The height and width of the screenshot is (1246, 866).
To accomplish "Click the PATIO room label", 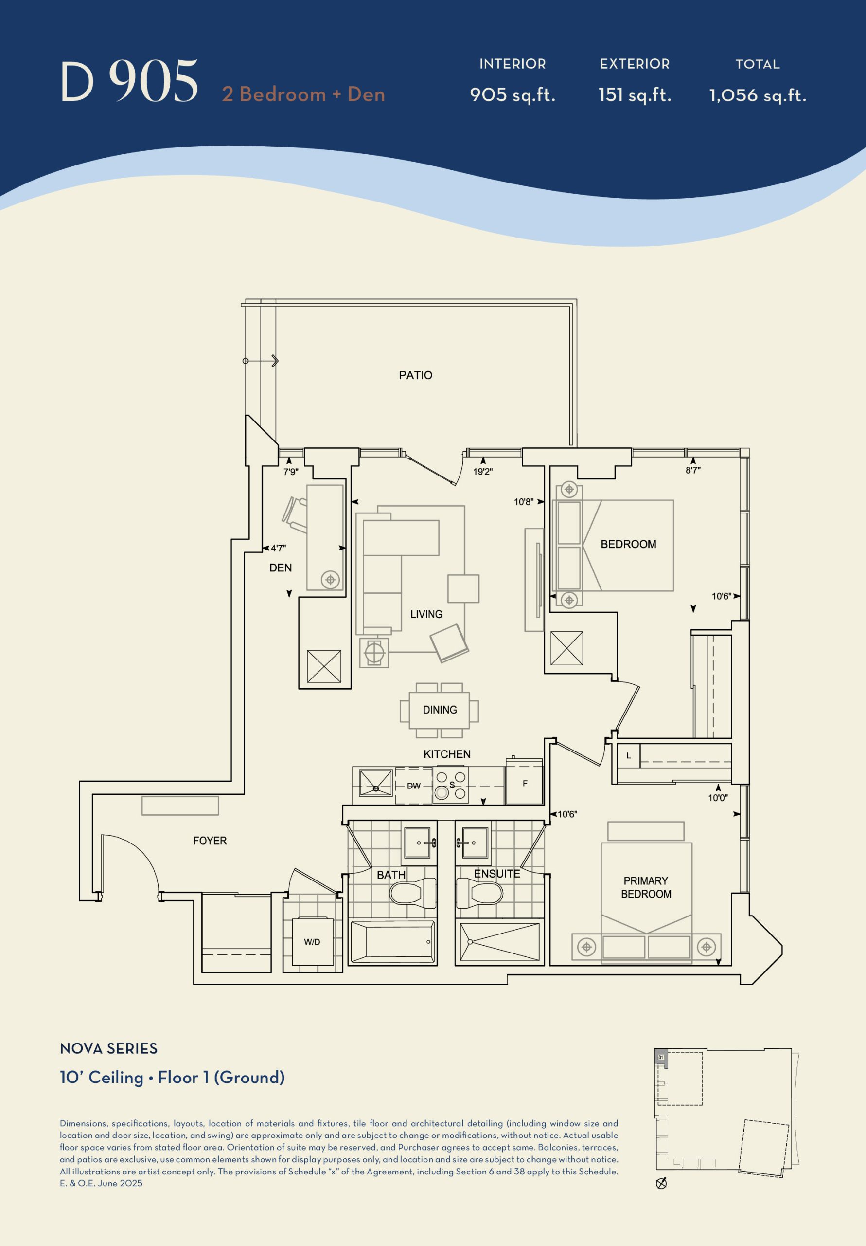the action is pyautogui.click(x=415, y=375).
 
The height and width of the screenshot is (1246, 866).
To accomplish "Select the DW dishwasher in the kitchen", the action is pyautogui.click(x=414, y=785).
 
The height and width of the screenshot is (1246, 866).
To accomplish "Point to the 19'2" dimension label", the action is pyautogui.click(x=483, y=472).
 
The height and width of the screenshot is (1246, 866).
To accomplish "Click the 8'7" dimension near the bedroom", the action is pyautogui.click(x=693, y=470).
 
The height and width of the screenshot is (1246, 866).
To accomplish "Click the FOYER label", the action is pyautogui.click(x=210, y=841).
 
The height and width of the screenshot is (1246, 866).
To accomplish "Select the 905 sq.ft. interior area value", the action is pyautogui.click(x=513, y=95).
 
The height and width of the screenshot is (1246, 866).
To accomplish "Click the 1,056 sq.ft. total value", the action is pyautogui.click(x=758, y=95).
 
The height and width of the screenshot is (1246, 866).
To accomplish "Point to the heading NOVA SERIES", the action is pyautogui.click(x=108, y=1048).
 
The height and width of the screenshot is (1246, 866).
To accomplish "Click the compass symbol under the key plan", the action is pyautogui.click(x=661, y=1184).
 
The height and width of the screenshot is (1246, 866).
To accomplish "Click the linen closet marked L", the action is pyautogui.click(x=629, y=755).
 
